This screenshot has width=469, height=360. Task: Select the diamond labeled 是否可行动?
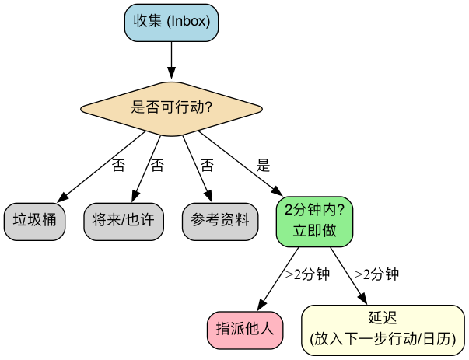171,108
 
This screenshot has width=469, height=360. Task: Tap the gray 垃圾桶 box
34,219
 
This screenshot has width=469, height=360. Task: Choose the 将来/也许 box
123,219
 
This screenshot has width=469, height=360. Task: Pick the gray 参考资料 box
220,219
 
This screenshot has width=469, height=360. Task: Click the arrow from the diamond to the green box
241,164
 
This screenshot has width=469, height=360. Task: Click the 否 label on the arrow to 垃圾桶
118,165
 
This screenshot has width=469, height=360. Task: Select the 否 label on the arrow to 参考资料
207,165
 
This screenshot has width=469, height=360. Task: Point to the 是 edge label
263,165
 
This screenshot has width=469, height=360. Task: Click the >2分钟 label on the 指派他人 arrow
307,274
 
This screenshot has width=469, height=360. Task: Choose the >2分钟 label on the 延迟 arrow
376,274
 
